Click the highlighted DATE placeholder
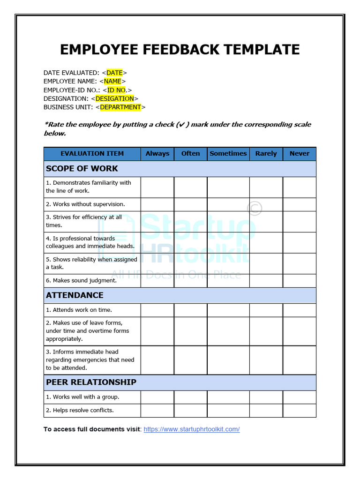tap(114, 73)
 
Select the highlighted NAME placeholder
tap(112, 81)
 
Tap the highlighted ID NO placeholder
tap(117, 90)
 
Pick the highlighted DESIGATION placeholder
tap(114, 98)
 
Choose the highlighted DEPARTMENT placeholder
tap(120, 107)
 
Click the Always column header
tap(157, 154)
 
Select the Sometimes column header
tap(228, 154)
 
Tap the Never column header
tap(300, 154)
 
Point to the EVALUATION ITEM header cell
tap(92, 154)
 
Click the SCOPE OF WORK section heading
tap(82, 169)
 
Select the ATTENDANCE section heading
tap(75, 295)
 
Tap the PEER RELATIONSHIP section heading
tap(91, 382)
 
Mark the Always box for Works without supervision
tap(157, 204)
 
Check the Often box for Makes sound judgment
tap(191, 281)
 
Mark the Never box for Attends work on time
tap(300, 310)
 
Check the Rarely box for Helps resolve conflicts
tap(266, 411)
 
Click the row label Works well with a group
tap(82, 397)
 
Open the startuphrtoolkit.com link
tap(192, 429)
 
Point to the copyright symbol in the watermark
tap(255, 208)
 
